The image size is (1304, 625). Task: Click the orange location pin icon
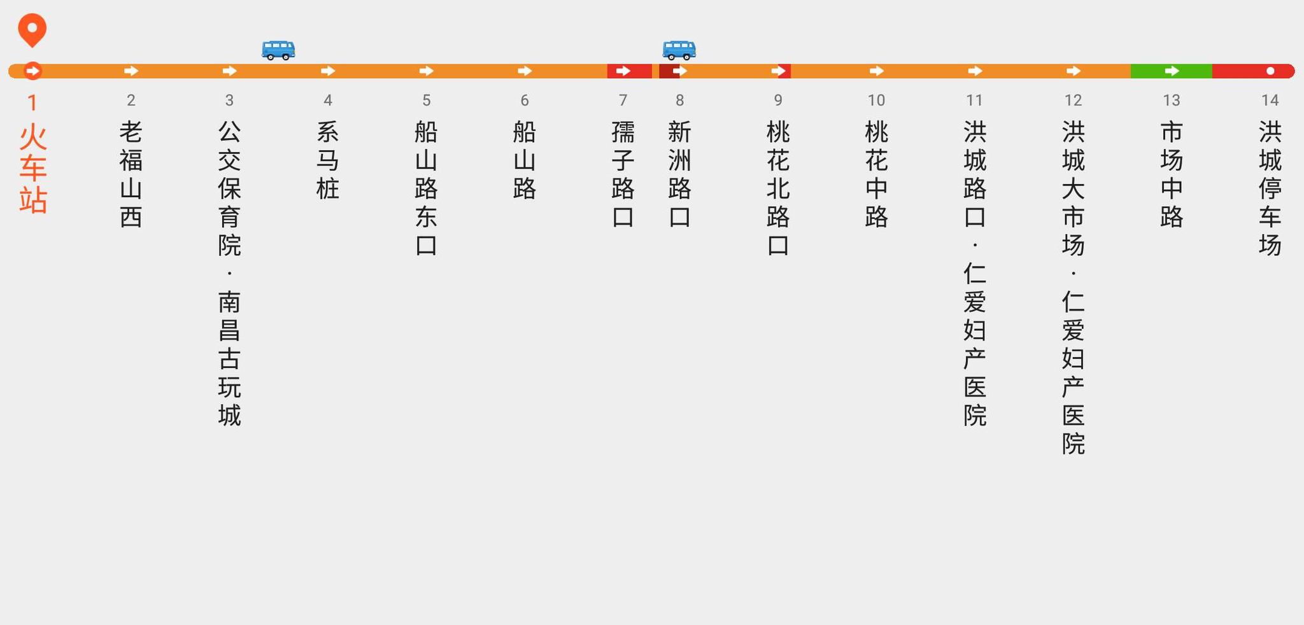[32, 29]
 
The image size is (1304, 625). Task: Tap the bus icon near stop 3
[278, 50]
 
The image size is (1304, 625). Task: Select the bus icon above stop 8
[679, 50]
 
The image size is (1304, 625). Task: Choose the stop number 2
[131, 100]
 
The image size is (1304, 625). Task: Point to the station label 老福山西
[131, 174]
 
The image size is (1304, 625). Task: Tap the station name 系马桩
[327, 160]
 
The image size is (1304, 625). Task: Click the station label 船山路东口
[426, 188]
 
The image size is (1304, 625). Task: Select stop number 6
[524, 100]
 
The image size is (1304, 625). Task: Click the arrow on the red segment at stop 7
[623, 71]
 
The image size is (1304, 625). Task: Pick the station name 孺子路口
[623, 174]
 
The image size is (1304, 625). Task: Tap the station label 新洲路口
[679, 174]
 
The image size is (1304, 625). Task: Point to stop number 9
[777, 100]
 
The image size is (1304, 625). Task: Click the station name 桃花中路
[876, 174]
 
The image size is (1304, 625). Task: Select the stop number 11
[974, 100]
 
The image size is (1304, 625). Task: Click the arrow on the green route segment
[1172, 71]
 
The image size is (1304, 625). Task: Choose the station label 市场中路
[1172, 174]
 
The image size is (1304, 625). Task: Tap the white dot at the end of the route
[1270, 71]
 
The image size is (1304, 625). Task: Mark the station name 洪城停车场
[1270, 188]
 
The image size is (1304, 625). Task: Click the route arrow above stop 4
[328, 71]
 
